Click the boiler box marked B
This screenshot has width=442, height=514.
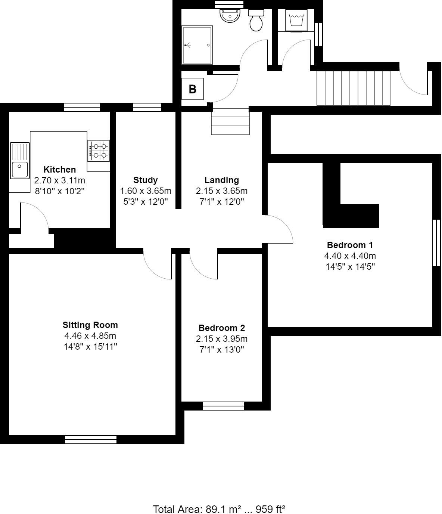point(193,89)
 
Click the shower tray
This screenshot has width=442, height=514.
point(197,45)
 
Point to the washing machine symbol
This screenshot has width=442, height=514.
point(296,19)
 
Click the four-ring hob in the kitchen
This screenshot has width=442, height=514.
point(99,151)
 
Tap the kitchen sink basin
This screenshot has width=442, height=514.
point(19,170)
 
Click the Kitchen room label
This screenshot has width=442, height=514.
point(60,170)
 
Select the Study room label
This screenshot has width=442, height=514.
point(146,180)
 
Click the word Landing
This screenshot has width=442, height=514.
point(222,180)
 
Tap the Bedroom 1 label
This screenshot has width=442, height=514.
point(350,245)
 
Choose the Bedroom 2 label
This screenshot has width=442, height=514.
point(222,328)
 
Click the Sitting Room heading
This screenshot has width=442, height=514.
point(90,325)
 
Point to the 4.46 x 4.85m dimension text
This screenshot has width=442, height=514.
point(90,335)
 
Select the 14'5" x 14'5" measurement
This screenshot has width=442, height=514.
point(350,267)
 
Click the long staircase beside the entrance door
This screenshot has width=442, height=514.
point(353,88)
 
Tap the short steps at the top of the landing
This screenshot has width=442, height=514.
point(230,121)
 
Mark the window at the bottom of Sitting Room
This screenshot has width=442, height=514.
point(91,440)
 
